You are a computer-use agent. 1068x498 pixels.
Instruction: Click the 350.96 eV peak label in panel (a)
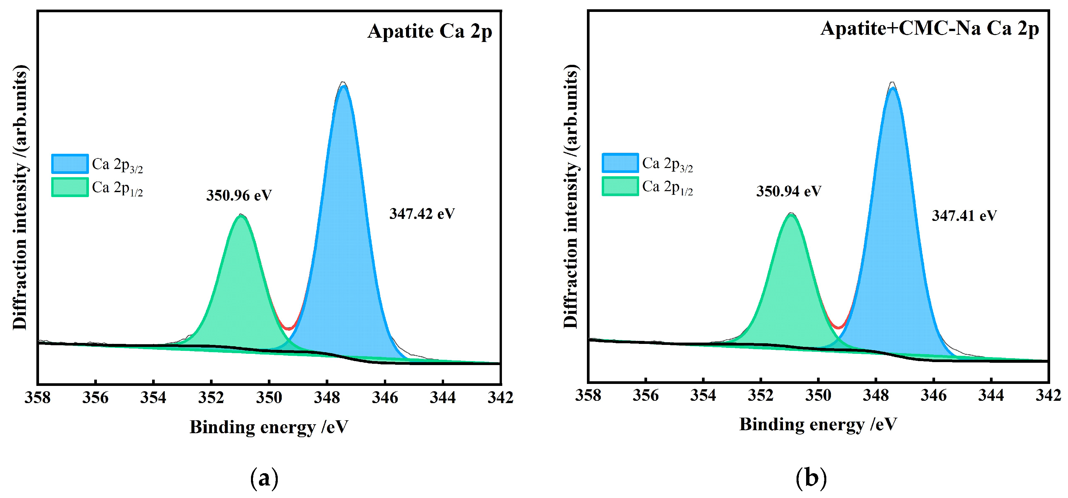pos(239,195)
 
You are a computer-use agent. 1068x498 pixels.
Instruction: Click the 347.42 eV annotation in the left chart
pos(422,214)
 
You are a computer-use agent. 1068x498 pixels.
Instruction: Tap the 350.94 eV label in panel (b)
pos(788,191)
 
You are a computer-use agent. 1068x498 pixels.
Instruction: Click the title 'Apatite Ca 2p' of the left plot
pos(430,31)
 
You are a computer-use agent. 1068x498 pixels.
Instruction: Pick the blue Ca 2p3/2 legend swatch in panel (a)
pos(70,164)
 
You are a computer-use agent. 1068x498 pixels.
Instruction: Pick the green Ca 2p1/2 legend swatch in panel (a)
pos(70,187)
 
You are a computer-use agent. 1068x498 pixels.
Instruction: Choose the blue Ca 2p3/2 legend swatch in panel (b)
pos(620,163)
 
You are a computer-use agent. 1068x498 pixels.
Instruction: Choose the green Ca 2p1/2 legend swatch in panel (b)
pos(620,186)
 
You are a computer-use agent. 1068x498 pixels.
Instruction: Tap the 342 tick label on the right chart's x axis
pos(1048,395)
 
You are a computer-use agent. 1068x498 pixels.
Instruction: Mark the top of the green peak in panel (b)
pos(791,215)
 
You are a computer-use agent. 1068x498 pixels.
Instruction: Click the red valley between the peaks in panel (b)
pos(838,327)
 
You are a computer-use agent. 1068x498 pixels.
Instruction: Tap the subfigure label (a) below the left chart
pos(264,478)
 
